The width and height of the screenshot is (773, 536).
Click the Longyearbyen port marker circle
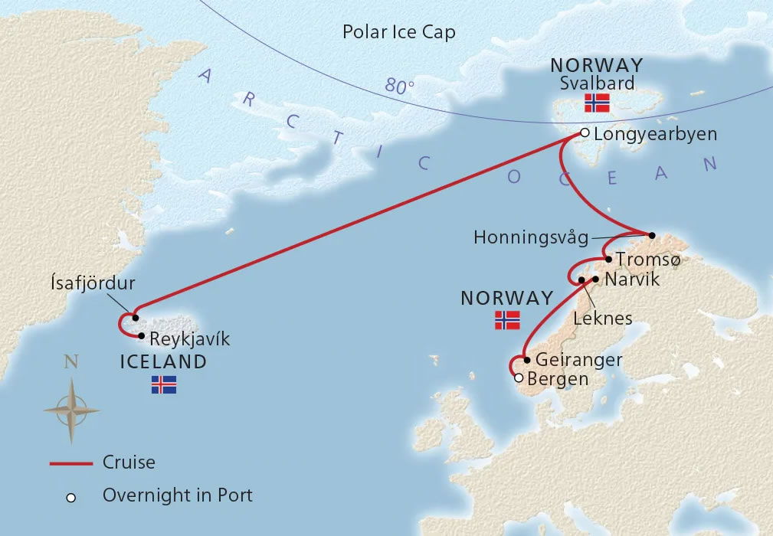[585, 132]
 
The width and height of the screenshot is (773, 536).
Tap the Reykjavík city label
[189, 338]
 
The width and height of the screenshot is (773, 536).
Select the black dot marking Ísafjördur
[135, 317]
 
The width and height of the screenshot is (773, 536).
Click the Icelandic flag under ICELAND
[164, 385]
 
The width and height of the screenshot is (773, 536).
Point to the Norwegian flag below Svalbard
[597, 103]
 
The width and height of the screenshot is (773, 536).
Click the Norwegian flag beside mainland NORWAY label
[507, 321]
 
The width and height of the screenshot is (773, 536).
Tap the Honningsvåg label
[531, 237]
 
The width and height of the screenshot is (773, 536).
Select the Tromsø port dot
[609, 259]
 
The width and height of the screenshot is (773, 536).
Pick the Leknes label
[603, 317]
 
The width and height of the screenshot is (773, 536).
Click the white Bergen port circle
[519, 377]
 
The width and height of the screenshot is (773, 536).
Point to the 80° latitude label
[399, 87]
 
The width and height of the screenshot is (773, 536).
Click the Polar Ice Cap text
[398, 32]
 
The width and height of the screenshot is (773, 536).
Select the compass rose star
[71, 410]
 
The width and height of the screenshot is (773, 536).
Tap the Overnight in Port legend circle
[70, 497]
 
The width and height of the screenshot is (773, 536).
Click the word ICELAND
[164, 362]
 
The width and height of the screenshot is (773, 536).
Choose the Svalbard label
[597, 83]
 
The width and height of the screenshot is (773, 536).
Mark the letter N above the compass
[71, 363]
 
